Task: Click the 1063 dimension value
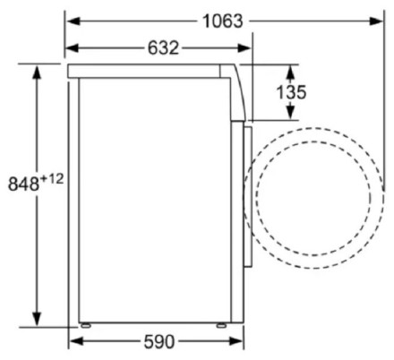[x=223, y=21]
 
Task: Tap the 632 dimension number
[x=163, y=47]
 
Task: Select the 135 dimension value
[x=292, y=92]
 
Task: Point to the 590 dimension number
[x=159, y=341]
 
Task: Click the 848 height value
[x=23, y=184]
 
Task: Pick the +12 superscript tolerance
[x=52, y=179]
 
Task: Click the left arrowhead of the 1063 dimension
[x=73, y=21]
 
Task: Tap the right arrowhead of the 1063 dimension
[x=375, y=21]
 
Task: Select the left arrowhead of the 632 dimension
[x=73, y=47]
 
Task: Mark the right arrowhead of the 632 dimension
[x=244, y=47]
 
